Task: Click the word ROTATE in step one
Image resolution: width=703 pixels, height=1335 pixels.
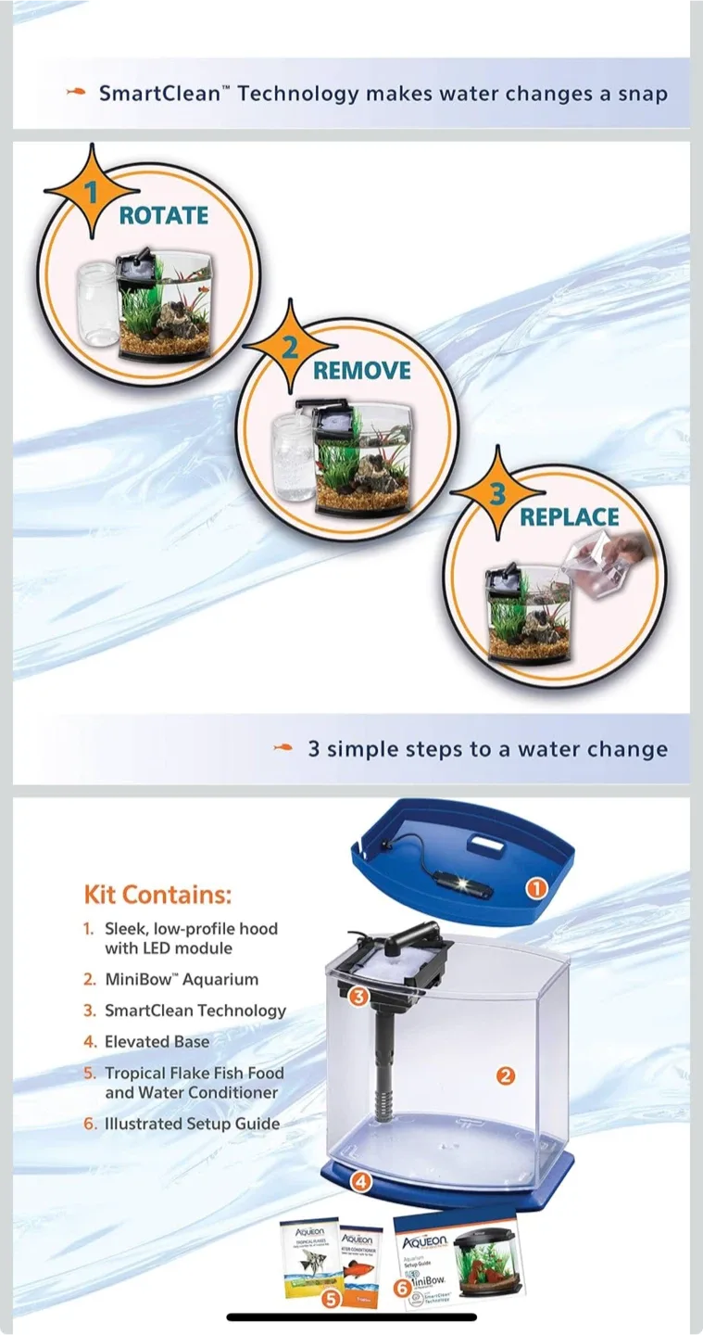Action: click(x=163, y=215)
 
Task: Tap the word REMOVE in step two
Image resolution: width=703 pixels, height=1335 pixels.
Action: click(x=361, y=371)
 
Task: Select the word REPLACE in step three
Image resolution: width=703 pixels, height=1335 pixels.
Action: click(x=569, y=517)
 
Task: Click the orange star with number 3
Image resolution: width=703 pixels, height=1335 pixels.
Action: click(x=498, y=494)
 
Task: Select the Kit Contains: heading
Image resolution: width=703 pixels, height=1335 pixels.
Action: click(x=157, y=895)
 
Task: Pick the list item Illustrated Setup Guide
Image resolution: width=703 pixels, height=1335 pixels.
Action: click(x=191, y=1123)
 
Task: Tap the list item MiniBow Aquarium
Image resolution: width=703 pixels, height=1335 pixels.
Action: click(x=181, y=979)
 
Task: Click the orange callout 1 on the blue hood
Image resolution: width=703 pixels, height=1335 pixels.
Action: click(x=535, y=888)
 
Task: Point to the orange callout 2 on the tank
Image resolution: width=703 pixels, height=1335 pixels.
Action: click(x=506, y=1076)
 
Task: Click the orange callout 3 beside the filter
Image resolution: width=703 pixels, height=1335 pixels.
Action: click(x=359, y=998)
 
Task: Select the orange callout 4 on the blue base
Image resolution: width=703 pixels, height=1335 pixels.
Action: click(x=362, y=1181)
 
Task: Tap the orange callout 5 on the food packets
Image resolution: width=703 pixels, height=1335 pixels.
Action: click(x=332, y=1299)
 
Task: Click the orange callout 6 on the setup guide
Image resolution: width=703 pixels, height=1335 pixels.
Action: click(x=402, y=1288)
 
